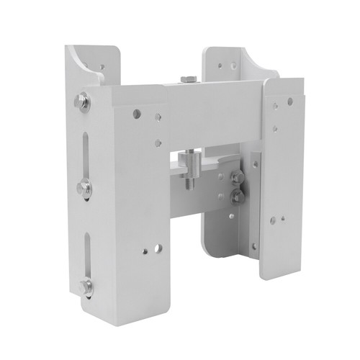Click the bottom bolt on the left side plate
point(86,287)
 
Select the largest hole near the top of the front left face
point(136,114)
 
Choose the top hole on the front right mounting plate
point(276,102)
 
